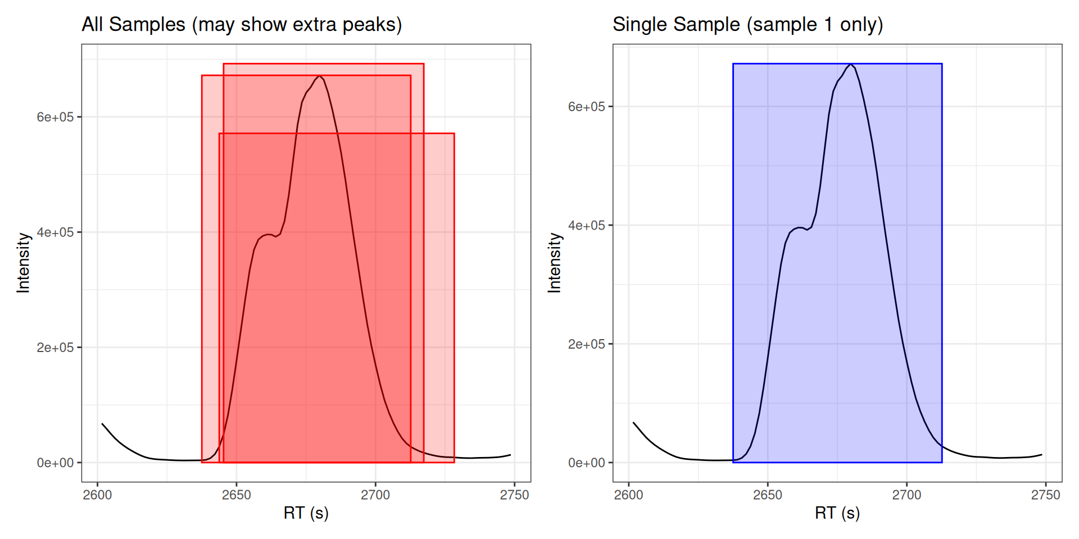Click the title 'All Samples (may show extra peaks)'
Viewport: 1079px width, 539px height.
(x=242, y=25)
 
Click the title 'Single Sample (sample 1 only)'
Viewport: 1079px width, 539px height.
(x=747, y=25)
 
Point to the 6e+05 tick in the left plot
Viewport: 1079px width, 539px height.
(x=55, y=117)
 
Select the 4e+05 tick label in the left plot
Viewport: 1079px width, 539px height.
(x=55, y=232)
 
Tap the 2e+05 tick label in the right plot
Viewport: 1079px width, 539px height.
(x=586, y=344)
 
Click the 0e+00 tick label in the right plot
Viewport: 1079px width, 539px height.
(x=586, y=463)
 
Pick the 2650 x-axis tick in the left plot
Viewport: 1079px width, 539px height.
(x=237, y=495)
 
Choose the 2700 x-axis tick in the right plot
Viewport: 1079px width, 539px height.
(x=906, y=495)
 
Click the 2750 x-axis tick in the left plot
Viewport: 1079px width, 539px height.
(x=514, y=495)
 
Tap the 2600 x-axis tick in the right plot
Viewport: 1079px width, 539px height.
(x=629, y=495)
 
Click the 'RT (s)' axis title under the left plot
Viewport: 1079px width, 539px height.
(x=306, y=513)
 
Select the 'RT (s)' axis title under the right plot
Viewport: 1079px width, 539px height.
(x=837, y=513)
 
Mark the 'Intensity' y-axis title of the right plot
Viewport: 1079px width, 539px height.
(x=555, y=263)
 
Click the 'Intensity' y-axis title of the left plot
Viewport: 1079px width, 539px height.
(x=23, y=263)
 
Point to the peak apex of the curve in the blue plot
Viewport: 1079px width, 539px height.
(x=851, y=65)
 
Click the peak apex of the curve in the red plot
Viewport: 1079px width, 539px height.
(x=319, y=76)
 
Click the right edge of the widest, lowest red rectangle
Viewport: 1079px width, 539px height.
(x=454, y=298)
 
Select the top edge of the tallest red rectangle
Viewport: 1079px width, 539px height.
(x=323, y=64)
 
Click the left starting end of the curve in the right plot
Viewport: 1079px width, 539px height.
(x=634, y=423)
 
